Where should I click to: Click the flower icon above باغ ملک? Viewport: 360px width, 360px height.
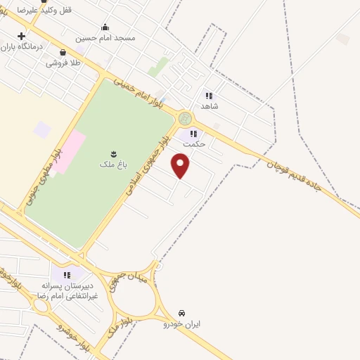111,153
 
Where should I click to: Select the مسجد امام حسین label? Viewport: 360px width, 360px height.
107,38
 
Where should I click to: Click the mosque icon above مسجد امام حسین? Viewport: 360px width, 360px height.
105,27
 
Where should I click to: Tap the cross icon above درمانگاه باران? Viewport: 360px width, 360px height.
22,36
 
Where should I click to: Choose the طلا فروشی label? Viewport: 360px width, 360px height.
63,63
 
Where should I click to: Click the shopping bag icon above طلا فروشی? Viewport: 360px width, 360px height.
63,52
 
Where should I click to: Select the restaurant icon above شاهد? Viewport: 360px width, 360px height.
209,95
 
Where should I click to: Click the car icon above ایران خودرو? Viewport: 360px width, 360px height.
182,312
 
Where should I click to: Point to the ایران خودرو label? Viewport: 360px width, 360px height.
182,324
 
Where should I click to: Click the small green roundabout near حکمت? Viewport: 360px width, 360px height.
185,118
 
